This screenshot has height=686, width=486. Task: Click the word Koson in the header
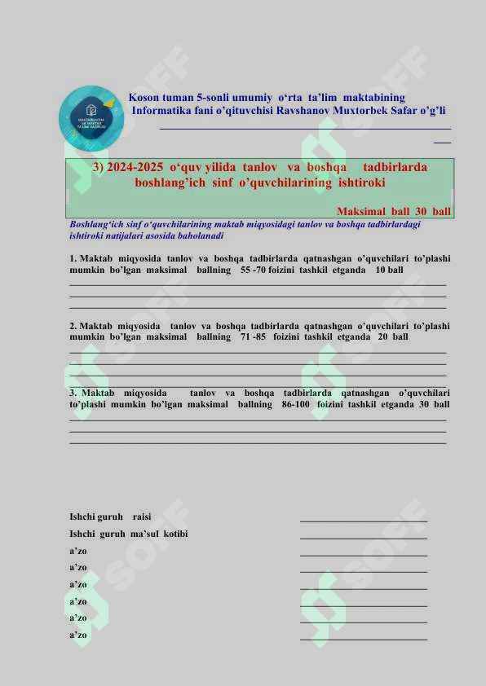pyautogui.click(x=144, y=97)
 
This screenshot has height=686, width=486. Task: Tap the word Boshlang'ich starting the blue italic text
pyautogui.click(x=96, y=223)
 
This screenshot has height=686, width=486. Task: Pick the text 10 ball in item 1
pyautogui.click(x=389, y=270)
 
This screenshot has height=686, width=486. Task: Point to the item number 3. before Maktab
pyautogui.click(x=73, y=392)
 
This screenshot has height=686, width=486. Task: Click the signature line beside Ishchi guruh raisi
pyautogui.click(x=364, y=520)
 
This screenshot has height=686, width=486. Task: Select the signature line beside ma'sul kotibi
pyautogui.click(x=364, y=537)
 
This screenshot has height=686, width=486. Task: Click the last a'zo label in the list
pyautogui.click(x=78, y=635)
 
